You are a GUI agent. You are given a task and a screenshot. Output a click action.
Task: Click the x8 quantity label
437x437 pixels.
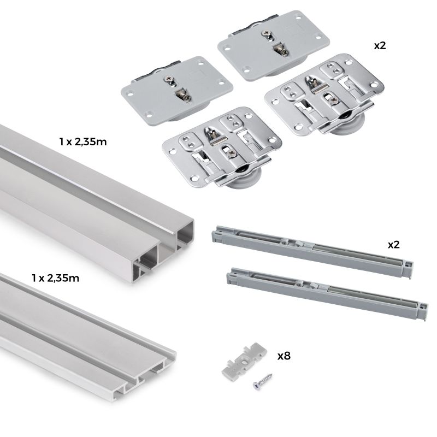tap(284, 356)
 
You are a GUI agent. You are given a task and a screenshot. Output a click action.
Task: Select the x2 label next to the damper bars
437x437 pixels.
tap(393, 244)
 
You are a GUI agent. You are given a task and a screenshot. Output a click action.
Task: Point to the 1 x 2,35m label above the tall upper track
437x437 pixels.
tap(82, 142)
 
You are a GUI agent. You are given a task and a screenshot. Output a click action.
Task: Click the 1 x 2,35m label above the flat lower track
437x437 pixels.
tap(55, 278)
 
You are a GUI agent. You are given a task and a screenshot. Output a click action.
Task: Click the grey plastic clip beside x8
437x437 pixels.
tap(244, 361)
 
